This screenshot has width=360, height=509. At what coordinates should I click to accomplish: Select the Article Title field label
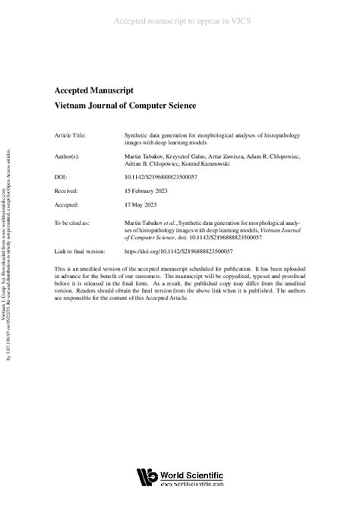(71, 134)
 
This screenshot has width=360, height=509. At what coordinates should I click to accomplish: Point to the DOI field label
(62, 175)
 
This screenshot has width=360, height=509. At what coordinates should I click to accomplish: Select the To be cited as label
(73, 223)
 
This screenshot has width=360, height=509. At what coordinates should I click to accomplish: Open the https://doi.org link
(178, 251)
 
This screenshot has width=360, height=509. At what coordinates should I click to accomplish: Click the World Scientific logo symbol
(145, 477)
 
